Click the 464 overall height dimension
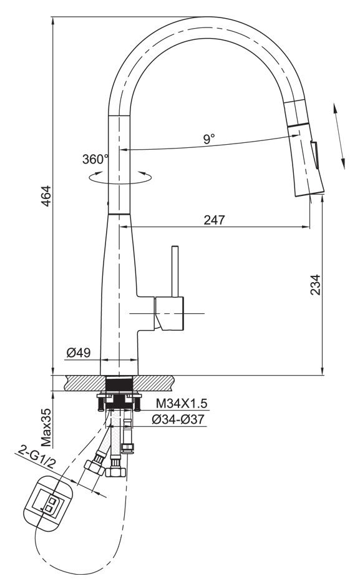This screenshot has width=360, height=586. pyautogui.click(x=46, y=195)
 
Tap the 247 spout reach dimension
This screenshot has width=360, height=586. pyautogui.click(x=215, y=220)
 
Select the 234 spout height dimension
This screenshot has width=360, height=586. pyautogui.click(x=316, y=285)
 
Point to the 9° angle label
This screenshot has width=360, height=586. pyautogui.click(x=209, y=139)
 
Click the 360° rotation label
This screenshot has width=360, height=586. pyautogui.click(x=95, y=159)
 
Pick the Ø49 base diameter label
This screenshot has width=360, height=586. pyautogui.click(x=79, y=352)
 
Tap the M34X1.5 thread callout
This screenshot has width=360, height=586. pyautogui.click(x=182, y=404)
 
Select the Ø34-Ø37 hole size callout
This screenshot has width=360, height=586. pyautogui.click(x=178, y=419)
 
